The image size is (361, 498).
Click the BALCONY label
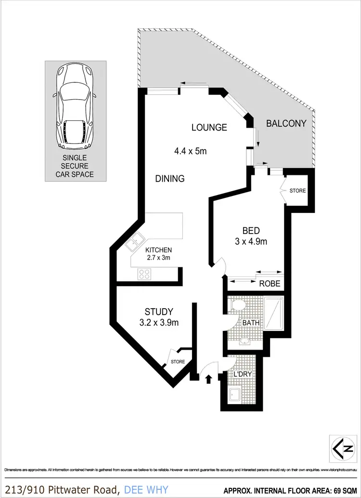[x=286, y=123]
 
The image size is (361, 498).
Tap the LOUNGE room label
[x=209, y=128]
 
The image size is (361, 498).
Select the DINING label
[x=170, y=179]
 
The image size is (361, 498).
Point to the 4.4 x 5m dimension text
[x=190, y=151]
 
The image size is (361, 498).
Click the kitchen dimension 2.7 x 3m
[x=158, y=258]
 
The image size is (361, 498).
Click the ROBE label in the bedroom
[x=270, y=283]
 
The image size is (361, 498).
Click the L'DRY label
[x=243, y=374]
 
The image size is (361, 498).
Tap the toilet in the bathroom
[x=238, y=305]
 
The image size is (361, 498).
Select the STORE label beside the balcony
[x=297, y=191]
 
